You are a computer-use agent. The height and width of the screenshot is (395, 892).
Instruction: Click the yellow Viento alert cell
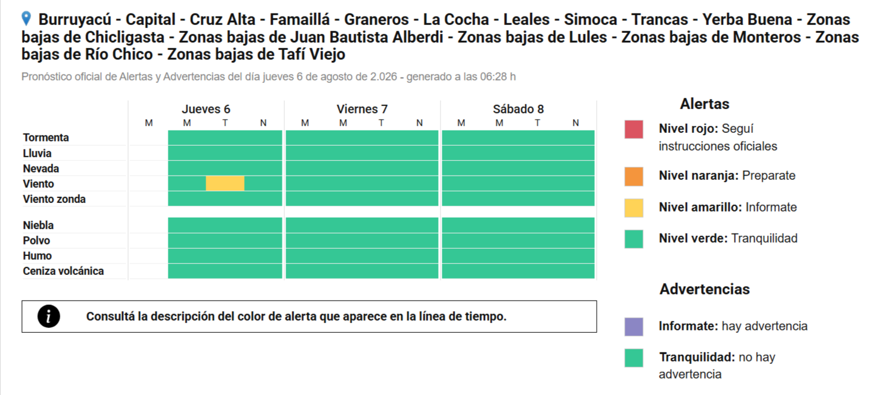pos(225,183)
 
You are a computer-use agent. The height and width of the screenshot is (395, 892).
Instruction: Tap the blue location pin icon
pos(26,18)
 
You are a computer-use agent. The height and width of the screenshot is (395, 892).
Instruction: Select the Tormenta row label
pos(46,138)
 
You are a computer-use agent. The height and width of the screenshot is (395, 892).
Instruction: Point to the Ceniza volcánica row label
pos(63,271)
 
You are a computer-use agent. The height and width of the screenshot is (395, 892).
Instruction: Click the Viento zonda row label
pos(54,199)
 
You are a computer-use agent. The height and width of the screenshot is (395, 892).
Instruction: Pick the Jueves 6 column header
pos(206,109)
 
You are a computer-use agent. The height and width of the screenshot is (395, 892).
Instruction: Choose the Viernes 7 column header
pos(362,109)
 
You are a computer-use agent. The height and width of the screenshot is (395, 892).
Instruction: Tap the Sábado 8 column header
pos(518,109)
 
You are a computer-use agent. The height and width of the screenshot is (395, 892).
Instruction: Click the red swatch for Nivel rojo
pos(633,129)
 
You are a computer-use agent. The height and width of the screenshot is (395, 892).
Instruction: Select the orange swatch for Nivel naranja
pos(633,177)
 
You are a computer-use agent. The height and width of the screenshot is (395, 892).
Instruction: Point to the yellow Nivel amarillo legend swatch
pos(633,208)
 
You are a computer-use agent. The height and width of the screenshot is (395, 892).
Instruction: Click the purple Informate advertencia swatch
pos(633,327)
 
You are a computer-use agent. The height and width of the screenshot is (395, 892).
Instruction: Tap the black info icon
pos(49,316)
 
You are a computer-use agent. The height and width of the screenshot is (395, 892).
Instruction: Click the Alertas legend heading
pos(705,104)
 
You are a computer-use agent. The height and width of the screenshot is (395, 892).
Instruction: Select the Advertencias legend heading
pos(705,289)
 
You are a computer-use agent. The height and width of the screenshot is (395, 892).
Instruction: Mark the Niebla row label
pos(38,225)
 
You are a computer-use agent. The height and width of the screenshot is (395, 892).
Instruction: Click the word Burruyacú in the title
pos(78,20)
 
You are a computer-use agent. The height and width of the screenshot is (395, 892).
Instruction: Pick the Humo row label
pos(37,256)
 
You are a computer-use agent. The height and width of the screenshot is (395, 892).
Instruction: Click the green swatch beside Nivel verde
pos(633,239)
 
